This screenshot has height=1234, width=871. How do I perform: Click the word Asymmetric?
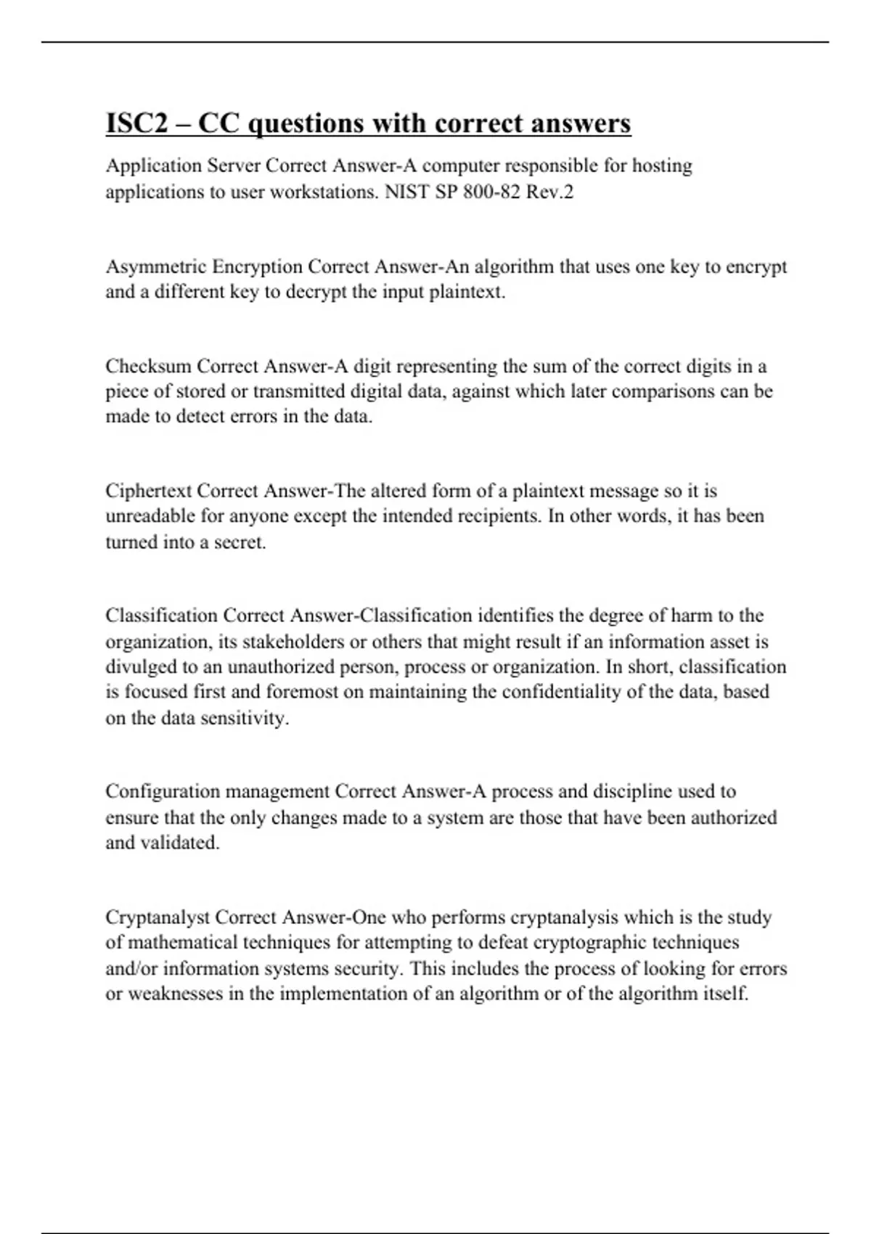[x=156, y=267]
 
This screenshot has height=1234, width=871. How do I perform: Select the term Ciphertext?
[x=148, y=491]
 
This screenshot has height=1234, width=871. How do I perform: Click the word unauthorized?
[x=277, y=667]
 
